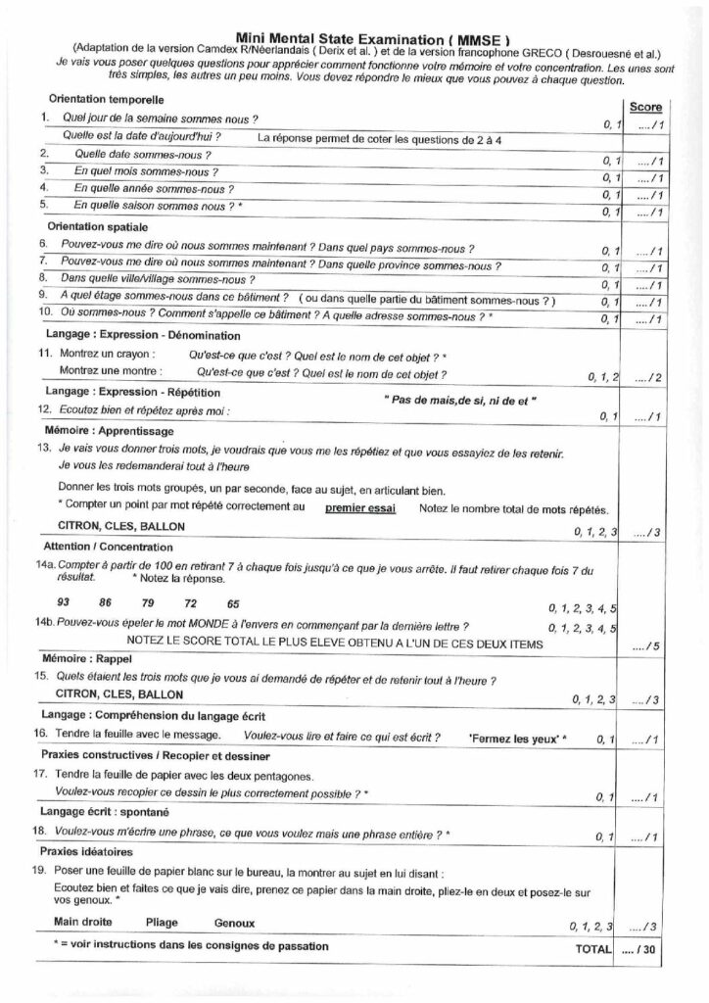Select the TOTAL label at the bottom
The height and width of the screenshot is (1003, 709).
point(591,949)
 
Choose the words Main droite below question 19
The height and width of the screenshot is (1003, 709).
point(82,923)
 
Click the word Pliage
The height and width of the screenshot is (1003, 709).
point(163,923)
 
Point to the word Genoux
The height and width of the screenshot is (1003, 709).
point(234,923)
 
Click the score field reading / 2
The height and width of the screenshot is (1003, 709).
point(646,375)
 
